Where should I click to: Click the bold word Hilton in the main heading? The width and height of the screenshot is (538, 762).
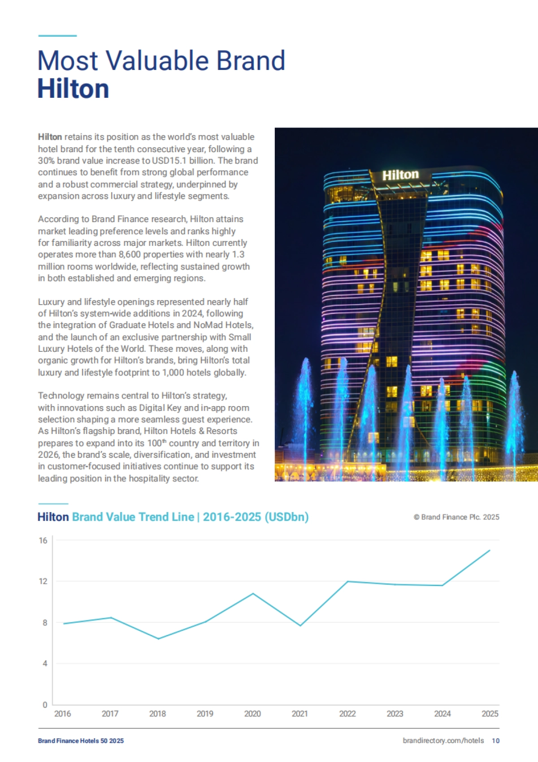click(x=73, y=89)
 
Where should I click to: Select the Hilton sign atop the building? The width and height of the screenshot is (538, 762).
click(x=400, y=175)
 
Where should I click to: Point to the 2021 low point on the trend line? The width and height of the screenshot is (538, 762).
click(x=300, y=625)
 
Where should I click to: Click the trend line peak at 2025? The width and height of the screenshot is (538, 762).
click(x=490, y=550)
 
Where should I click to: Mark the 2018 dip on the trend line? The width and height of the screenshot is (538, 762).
click(x=158, y=639)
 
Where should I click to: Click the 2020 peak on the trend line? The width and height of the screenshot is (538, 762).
click(x=253, y=593)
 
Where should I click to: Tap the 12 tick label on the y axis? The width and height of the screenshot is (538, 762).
click(x=43, y=581)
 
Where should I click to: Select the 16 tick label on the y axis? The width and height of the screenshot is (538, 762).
click(x=43, y=540)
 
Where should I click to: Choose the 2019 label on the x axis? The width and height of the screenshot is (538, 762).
click(x=205, y=714)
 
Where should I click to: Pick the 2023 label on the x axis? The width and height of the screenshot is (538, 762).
click(x=395, y=714)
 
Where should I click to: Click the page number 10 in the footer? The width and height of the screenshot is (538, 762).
click(x=495, y=741)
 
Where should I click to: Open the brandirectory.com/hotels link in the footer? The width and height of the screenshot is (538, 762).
click(x=443, y=741)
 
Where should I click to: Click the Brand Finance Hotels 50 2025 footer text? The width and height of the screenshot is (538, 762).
click(x=81, y=741)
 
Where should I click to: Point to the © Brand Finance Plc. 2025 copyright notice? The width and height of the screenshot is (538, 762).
click(x=456, y=517)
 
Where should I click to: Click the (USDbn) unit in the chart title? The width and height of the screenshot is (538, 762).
click(x=286, y=517)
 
